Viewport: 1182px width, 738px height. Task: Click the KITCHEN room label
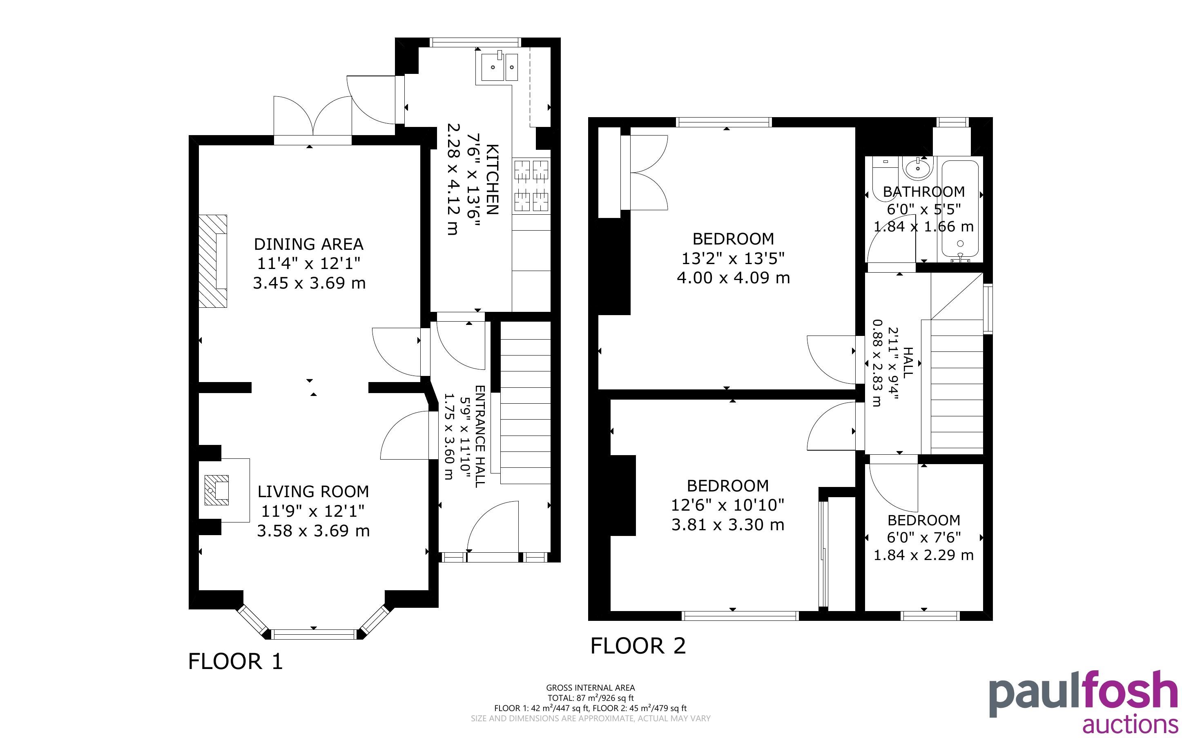coord(493,180)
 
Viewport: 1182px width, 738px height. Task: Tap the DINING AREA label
coord(308,244)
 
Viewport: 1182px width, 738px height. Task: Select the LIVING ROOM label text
coord(313,491)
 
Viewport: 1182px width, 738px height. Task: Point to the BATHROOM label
coord(924,191)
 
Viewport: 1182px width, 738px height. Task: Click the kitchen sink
coord(500,67)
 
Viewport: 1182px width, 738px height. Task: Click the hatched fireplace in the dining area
coord(213,261)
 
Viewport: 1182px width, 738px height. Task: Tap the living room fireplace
coord(217,489)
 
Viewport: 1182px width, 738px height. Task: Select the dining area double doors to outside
coord(312,117)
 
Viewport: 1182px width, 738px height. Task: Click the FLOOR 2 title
coord(638,646)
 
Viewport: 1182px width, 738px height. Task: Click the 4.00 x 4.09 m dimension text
coord(733,278)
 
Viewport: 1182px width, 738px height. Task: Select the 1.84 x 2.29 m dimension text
coord(924,555)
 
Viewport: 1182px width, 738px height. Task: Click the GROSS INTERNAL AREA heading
coord(590,688)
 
